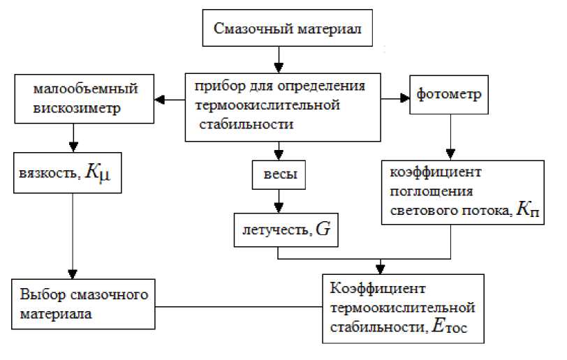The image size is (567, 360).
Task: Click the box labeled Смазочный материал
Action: click(279, 31)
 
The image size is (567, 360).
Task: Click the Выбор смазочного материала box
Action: click(84, 304)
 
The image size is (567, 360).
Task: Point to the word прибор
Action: click(215, 87)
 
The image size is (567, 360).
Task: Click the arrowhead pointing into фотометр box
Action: click(405, 99)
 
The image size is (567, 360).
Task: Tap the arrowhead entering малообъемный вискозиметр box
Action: click(160, 99)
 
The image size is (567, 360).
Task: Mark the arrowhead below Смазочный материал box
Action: click(279, 67)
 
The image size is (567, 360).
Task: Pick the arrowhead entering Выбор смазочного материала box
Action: click(72, 274)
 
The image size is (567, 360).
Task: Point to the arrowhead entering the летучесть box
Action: click(279, 209)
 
